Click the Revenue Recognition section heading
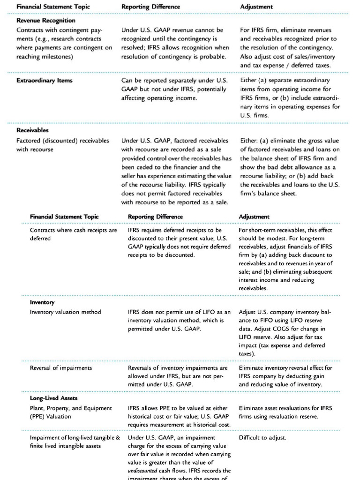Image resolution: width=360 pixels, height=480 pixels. click(x=45, y=21)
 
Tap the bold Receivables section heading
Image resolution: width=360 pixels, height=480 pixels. click(x=32, y=130)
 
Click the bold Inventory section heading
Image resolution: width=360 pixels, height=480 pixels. click(x=42, y=302)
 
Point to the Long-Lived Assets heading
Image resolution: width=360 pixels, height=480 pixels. click(x=53, y=398)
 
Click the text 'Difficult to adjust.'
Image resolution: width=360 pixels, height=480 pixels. click(x=262, y=438)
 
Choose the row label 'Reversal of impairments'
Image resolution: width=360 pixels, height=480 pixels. click(x=61, y=368)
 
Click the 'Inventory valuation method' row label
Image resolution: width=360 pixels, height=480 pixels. click(x=65, y=312)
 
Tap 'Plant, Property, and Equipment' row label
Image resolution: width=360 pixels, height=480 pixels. click(x=71, y=408)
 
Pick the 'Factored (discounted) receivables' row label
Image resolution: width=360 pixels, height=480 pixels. click(x=62, y=141)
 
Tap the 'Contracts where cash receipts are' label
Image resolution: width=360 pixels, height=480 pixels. click(x=74, y=230)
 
